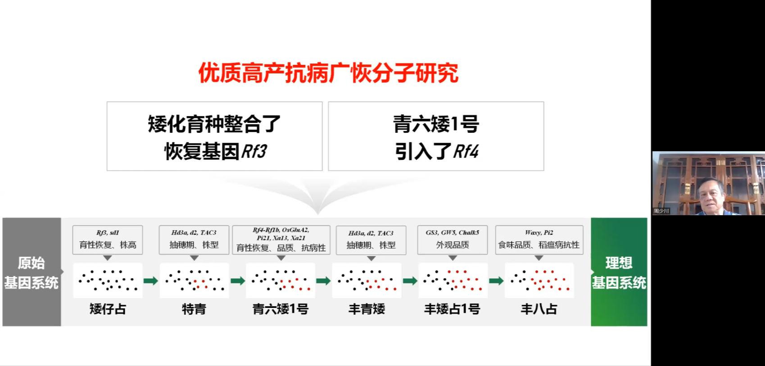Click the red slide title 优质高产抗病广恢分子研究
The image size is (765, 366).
pos(328,73)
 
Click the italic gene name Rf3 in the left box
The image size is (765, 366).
pos(254,152)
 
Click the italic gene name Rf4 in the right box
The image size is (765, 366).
pos(466,152)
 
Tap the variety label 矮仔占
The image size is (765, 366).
pos(108,309)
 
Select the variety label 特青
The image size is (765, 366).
pos(194,309)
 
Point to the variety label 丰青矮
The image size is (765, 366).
pos(367,309)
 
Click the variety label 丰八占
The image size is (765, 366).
pos(539,309)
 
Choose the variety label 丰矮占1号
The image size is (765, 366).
pos(452,309)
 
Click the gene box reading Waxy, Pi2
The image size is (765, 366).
pos(539,239)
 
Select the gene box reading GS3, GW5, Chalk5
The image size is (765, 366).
pos(453,239)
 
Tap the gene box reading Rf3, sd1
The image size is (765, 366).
pos(108,239)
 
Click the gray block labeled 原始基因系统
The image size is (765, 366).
pos(32,272)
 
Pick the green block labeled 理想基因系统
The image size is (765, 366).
pos(619,272)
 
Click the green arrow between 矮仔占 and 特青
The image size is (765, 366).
pos(151,281)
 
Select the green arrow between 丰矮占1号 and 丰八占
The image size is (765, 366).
pos(496,281)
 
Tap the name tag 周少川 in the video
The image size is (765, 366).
pos(661,211)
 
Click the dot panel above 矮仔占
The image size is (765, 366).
pos(108,280)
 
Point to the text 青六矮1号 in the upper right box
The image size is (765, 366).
pos(436,124)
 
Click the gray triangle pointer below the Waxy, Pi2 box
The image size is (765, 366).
pos(539,258)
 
